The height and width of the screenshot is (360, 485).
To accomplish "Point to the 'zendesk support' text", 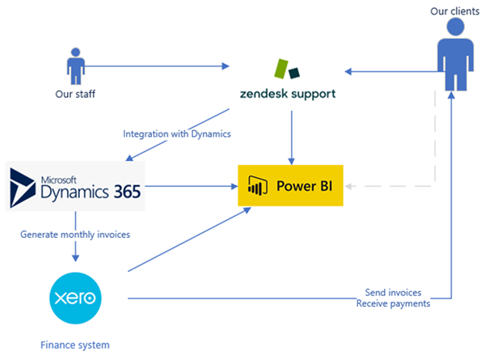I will coord(288,94).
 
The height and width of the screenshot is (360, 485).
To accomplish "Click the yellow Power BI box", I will coord(289,186).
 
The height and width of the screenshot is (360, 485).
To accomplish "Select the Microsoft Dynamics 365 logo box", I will coord(75,186).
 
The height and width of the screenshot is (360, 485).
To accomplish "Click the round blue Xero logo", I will coord(76,298).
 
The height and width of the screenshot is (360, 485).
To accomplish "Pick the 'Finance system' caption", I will coord(74,345).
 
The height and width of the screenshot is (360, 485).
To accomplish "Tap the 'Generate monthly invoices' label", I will coord(74,235).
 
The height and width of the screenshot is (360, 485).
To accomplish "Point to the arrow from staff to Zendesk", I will coord(154,66).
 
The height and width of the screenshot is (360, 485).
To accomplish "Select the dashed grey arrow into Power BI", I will coord(388,186).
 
